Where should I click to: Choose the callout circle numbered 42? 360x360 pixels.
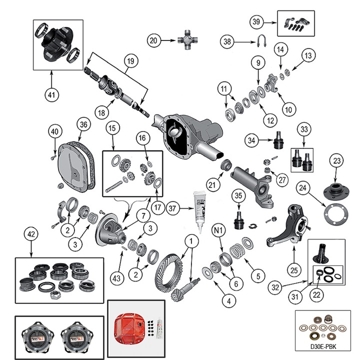click(31, 233)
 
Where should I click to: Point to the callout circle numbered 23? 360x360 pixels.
click(335, 161)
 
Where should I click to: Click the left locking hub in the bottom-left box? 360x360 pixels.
click(36, 337)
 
